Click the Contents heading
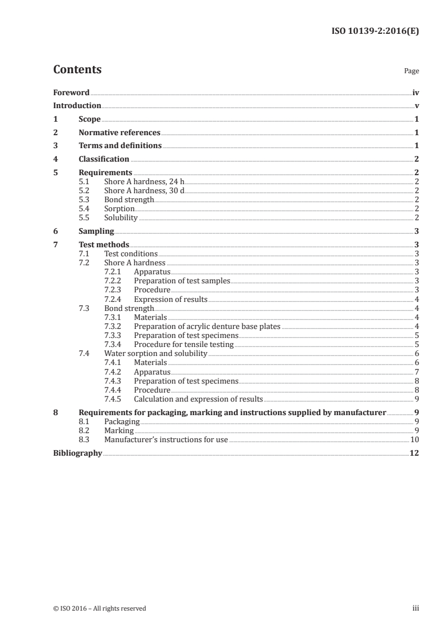(x=77, y=70)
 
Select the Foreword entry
(x=71, y=92)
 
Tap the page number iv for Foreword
(x=415, y=92)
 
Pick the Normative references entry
(x=120, y=133)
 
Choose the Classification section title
(x=104, y=159)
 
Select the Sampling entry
(x=96, y=231)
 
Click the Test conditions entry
(x=131, y=254)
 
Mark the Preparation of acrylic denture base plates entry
(x=207, y=327)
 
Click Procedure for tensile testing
(x=183, y=345)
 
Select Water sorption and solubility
(x=156, y=354)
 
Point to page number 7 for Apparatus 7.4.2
(x=416, y=372)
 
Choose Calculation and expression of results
(x=198, y=399)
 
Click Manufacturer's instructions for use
(x=166, y=439)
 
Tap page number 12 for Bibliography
(x=414, y=453)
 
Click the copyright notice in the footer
(x=99, y=608)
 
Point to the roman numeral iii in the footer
(x=416, y=608)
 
